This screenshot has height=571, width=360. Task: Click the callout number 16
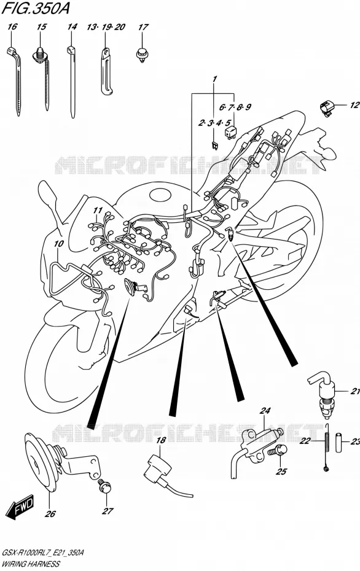tap(12, 26)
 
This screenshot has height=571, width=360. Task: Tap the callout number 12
tap(354, 105)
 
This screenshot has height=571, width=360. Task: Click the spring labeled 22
tap(326, 448)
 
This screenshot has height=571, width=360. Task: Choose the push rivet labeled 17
tap(141, 55)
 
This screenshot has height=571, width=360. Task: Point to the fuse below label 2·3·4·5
tap(214, 146)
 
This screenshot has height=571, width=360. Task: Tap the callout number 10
tap(58, 244)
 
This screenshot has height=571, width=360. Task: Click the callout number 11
tap(97, 210)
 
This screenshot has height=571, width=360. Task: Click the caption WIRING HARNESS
tap(31, 564)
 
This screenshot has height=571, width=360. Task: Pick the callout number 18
tap(161, 440)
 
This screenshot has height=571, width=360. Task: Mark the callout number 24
tap(265, 411)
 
